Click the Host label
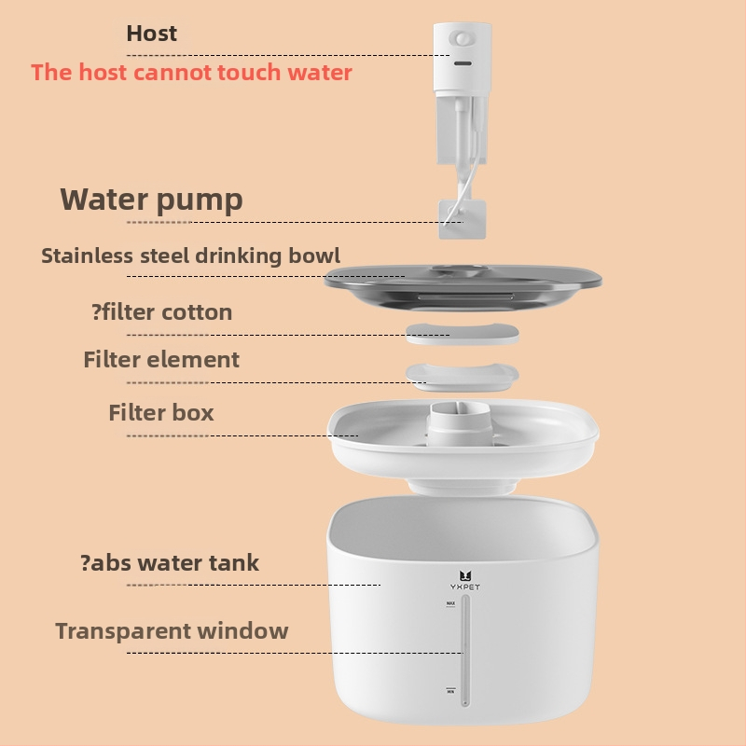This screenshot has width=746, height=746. click(151, 34)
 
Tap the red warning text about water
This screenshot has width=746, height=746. click(191, 73)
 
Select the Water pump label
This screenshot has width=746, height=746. click(151, 200)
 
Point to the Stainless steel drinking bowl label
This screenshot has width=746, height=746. click(190, 256)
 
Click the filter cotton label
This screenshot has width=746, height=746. click(161, 312)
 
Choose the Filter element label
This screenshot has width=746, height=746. click(161, 359)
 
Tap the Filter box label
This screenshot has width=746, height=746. click(161, 412)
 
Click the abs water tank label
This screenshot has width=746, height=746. click(170, 563)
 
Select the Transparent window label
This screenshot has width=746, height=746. click(172, 631)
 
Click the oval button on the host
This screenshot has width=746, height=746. click(462, 38)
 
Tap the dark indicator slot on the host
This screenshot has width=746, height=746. click(463, 63)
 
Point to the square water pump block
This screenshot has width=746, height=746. click(462, 219)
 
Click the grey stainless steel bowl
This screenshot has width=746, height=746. click(463, 287)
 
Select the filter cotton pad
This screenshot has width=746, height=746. click(463, 334)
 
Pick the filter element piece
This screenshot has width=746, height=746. click(463, 378)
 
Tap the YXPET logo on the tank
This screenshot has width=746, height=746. click(464, 581)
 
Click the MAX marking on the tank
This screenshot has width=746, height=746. click(450, 603)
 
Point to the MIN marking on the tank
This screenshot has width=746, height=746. click(450, 690)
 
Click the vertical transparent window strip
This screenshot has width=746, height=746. click(465, 650)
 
